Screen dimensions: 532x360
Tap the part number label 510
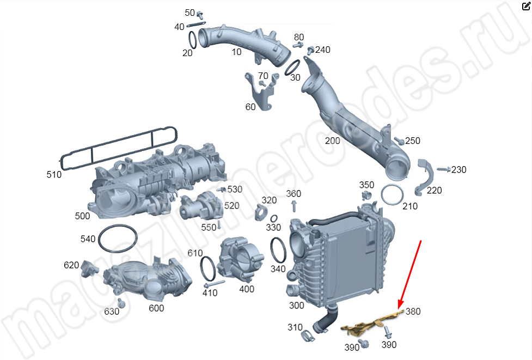54,174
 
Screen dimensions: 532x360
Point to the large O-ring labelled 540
118,238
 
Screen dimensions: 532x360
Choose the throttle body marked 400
241,260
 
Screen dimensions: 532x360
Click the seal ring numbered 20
193,40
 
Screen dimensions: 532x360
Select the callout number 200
332,141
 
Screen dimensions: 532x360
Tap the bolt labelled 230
443,169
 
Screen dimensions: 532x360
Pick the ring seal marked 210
392,195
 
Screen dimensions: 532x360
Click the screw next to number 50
200,15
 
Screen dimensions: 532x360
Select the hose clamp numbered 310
308,335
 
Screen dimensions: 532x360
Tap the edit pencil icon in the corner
526,6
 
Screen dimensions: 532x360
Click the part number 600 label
156,308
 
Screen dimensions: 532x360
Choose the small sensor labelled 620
89,268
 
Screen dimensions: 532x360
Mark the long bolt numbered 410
215,284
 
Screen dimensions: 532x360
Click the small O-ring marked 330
273,218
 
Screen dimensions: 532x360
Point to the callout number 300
296,306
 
